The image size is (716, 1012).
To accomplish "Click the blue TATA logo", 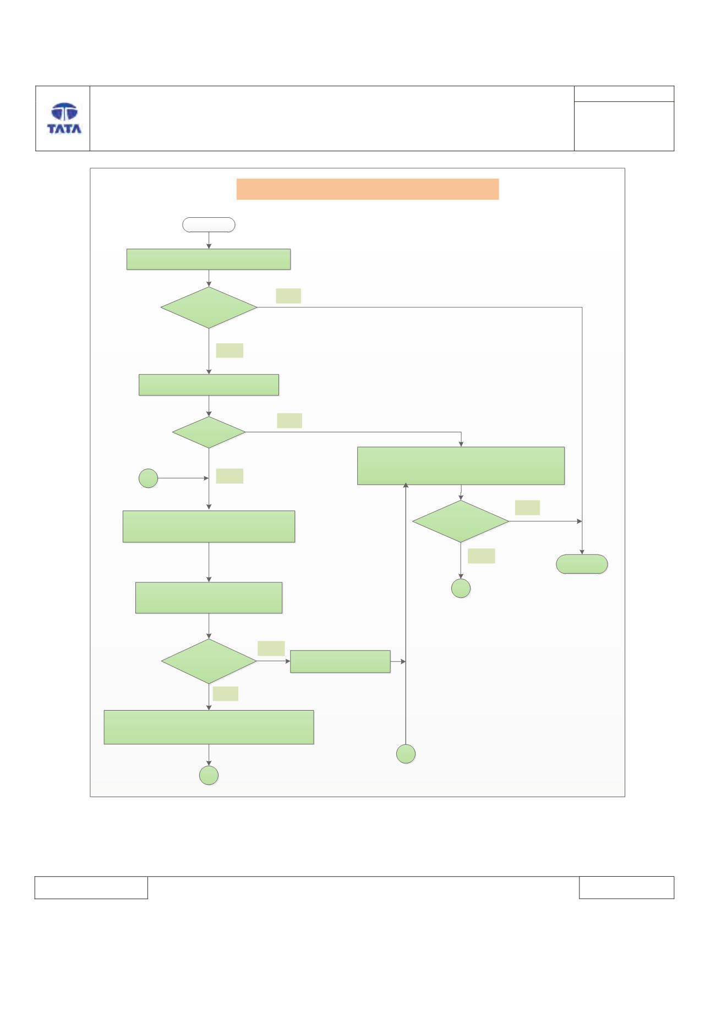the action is pos(64,118).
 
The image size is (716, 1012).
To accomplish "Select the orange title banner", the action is pos(368,189).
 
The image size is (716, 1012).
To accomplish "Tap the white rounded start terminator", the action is pos(209,224).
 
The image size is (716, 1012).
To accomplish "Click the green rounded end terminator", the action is pos(582,564).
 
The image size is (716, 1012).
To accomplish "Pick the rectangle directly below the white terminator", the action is pos(209,259).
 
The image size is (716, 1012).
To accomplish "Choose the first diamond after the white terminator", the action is pos(209,307).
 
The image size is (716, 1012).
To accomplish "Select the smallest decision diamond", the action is pos(209,432).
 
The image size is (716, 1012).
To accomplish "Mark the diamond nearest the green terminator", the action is pos(461,521).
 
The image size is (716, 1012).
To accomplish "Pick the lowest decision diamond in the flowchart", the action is pos(209,661).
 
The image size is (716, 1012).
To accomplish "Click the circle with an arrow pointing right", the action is pos(148,479).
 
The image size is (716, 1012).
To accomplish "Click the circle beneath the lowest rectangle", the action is pos(209,775).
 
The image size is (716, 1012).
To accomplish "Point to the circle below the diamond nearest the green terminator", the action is pos(461,588).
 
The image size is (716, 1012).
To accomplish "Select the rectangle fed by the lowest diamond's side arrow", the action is pos(340,661).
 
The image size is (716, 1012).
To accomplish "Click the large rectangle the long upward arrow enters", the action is pos(461,466).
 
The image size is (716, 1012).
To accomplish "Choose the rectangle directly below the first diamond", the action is pos(209,385).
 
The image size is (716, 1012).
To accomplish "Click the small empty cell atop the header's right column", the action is pos(624,94).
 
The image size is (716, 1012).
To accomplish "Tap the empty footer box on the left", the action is pos(91,887).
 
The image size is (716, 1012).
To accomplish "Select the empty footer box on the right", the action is pos(626,887).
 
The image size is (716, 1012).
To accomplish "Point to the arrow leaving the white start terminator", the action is pos(209,240).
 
